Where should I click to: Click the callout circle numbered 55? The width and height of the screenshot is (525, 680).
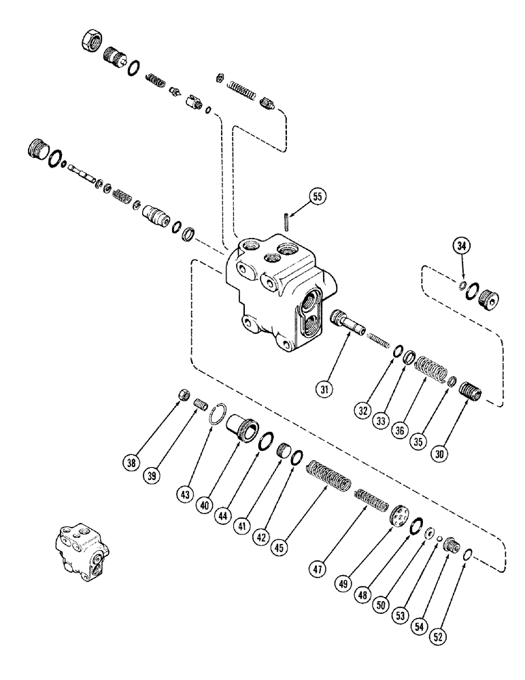[x=316, y=197]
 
